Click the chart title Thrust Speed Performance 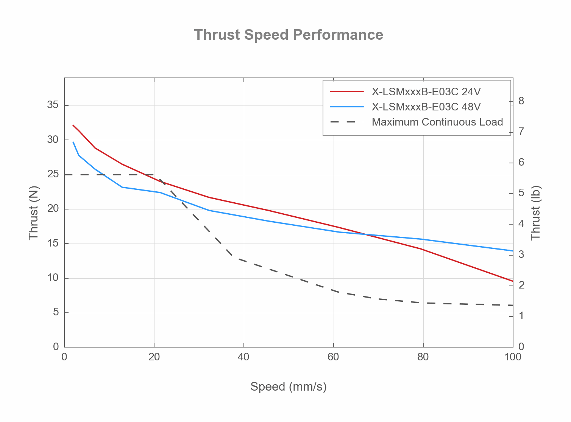pos(289,35)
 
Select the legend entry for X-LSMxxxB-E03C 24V pos(426,92)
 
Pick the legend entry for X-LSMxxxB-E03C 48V pos(426,107)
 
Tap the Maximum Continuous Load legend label pos(437,122)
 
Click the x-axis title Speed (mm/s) pos(288,387)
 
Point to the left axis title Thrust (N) pos(34,213)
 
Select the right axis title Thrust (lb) pos(535,213)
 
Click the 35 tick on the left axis pos(53,105)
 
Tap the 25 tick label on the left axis pos(53,174)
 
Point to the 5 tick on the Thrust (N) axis pos(56,312)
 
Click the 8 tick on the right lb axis pos(521,101)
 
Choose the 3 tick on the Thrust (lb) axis pos(521,254)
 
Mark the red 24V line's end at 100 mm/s pos(513,281)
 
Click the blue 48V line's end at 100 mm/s pos(513,251)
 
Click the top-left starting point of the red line pos(73,125)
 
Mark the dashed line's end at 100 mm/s pos(513,305)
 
